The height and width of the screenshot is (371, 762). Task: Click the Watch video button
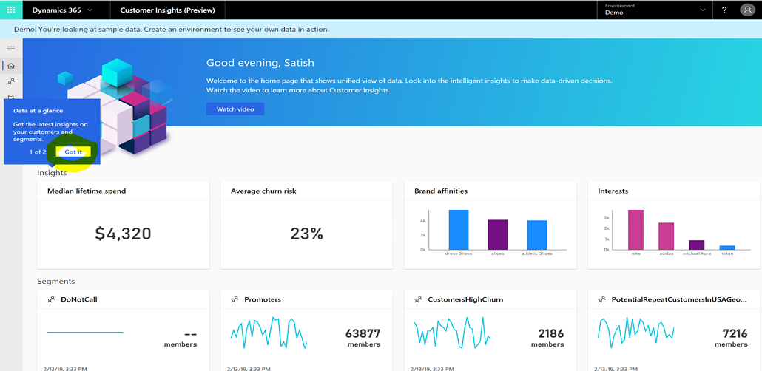pyautogui.click(x=235, y=109)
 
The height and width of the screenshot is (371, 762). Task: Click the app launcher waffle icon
pyautogui.click(x=11, y=10)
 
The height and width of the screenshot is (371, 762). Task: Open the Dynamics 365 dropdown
pyautogui.click(x=62, y=10)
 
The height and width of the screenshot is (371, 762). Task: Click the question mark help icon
pyautogui.click(x=724, y=10)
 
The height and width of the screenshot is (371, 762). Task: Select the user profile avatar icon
pyautogui.click(x=746, y=10)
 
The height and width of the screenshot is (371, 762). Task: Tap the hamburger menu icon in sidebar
pyautogui.click(x=11, y=48)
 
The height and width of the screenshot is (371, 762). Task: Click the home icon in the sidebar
pyautogui.click(x=11, y=66)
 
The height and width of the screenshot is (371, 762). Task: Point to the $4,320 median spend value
pyautogui.click(x=123, y=234)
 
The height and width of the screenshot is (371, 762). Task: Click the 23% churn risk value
pyautogui.click(x=306, y=234)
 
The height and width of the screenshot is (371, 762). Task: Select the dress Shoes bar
pyautogui.click(x=458, y=230)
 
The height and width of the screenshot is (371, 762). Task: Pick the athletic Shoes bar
pyautogui.click(x=536, y=235)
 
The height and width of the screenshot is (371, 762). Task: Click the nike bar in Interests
pyautogui.click(x=635, y=230)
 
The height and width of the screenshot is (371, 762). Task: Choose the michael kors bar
pyautogui.click(x=696, y=245)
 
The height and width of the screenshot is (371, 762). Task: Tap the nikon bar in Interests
pyautogui.click(x=727, y=248)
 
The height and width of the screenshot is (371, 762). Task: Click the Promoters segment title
pyautogui.click(x=262, y=299)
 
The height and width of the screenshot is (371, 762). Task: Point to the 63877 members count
pyautogui.click(x=363, y=333)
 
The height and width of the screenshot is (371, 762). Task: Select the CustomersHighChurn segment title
pyautogui.click(x=465, y=299)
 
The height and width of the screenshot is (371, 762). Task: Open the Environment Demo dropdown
pyautogui.click(x=655, y=10)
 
